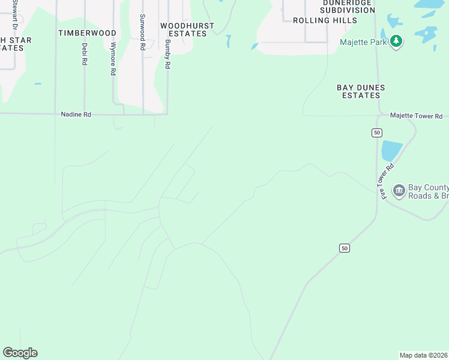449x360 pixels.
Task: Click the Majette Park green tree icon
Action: pyautogui.click(x=396, y=41)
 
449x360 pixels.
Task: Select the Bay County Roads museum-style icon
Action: pyautogui.click(x=399, y=191)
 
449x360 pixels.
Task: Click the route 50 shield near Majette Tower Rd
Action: pyautogui.click(x=376, y=133)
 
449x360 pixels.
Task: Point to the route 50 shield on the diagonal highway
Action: pyautogui.click(x=343, y=248)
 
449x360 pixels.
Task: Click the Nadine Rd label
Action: pyautogui.click(x=76, y=114)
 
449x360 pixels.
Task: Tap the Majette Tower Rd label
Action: pyautogui.click(x=416, y=116)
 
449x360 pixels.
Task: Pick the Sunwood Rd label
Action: pyautogui.click(x=142, y=32)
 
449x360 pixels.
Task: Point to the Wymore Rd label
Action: pyautogui.click(x=113, y=59)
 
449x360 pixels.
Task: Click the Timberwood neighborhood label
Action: pyautogui.click(x=87, y=33)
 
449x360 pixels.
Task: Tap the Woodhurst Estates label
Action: pyautogui.click(x=183, y=29)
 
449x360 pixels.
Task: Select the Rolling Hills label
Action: pyautogui.click(x=325, y=20)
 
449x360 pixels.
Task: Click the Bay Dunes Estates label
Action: pyautogui.click(x=360, y=91)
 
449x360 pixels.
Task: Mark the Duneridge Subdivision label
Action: pyautogui.click(x=348, y=5)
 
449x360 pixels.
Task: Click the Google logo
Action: pyautogui.click(x=20, y=353)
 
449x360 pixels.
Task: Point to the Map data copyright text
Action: pyautogui.click(x=424, y=355)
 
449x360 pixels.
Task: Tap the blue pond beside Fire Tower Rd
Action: pyautogui.click(x=390, y=150)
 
